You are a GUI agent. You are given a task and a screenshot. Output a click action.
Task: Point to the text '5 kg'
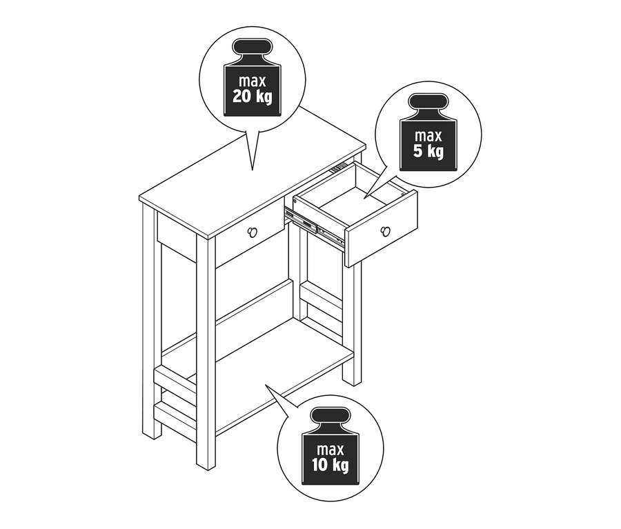click(x=428, y=150)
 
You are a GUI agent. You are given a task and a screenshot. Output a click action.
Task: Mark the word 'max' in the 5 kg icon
click(x=428, y=135)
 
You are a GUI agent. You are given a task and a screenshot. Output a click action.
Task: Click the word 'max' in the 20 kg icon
click(x=252, y=81)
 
